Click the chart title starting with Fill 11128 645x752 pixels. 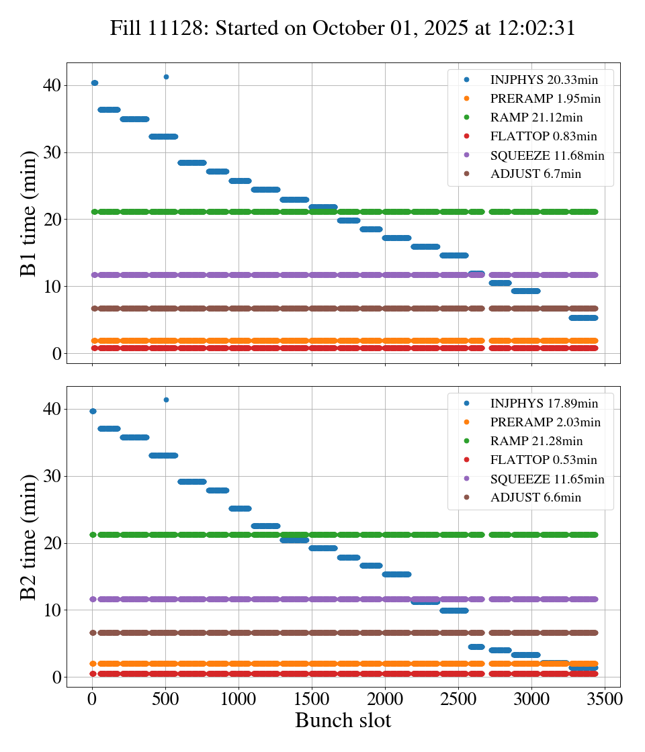point(343,28)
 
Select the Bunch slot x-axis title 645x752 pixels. point(343,720)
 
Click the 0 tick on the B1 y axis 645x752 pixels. point(57,354)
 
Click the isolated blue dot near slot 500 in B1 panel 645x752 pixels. point(166,77)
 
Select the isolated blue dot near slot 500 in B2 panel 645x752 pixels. point(166,399)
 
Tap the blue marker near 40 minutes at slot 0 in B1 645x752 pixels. point(95,83)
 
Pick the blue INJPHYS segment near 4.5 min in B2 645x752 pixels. point(476,647)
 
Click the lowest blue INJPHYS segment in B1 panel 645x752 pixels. point(583,318)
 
